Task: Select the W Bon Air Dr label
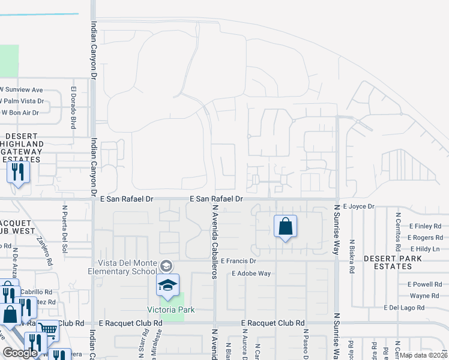point(20,112)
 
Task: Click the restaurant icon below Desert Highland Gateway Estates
point(18,173)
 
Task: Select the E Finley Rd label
point(425,226)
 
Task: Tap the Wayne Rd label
point(424,296)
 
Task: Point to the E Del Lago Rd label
point(404,307)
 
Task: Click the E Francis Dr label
point(238,262)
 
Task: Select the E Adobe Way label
point(252,274)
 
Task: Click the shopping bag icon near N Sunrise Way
point(286,227)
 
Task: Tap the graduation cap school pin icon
point(168,286)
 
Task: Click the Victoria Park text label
point(166,310)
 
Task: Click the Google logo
point(20,353)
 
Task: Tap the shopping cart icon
point(48,329)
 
